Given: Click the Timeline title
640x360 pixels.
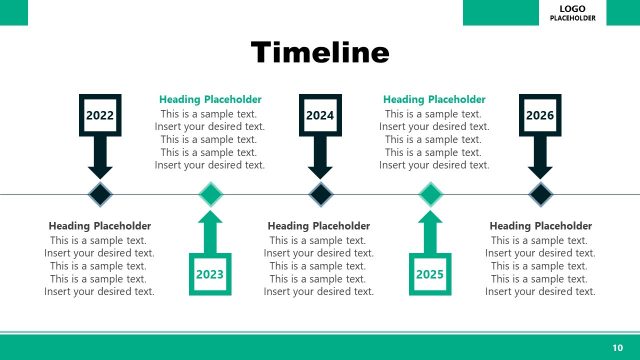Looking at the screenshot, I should coord(319,52).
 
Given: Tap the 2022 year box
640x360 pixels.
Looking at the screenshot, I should coord(100,115).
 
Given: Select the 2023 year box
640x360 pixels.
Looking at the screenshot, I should coord(210,274).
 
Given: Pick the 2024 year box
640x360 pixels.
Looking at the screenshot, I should coord(320,115).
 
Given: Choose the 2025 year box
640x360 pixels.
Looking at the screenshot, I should coord(430,274).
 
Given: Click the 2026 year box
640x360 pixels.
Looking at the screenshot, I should coord(540,115).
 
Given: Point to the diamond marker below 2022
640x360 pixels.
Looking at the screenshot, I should coord(100,193).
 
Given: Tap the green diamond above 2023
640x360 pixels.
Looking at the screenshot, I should coord(210,193).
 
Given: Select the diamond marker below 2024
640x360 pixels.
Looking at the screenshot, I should coord(320,193).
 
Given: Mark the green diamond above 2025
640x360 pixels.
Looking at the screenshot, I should coord(430,193).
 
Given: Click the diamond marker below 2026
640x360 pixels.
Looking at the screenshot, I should coord(540,193).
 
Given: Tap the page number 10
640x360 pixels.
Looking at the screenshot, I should coord(617,346).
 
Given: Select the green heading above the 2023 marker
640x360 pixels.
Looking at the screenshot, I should coord(210,100).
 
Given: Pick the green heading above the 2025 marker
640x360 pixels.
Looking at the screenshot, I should coord(434,100).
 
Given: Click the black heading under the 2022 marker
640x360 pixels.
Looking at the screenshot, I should coord(100,226).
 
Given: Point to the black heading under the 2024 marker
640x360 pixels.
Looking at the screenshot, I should coord(319,226).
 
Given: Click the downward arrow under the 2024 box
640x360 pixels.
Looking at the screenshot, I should coord(320,157).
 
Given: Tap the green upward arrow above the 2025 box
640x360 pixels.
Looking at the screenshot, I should coord(430,232).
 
